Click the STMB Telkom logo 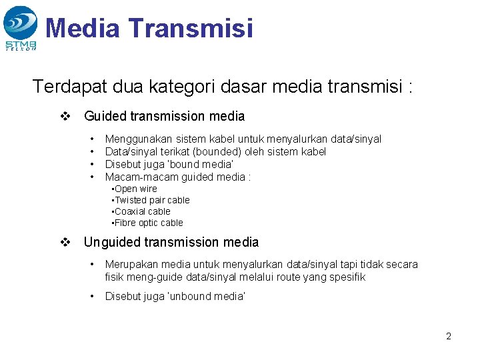(x=20, y=27)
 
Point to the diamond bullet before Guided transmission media (x=65, y=117)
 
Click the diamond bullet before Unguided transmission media (x=65, y=243)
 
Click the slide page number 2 (x=448, y=336)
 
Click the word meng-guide (x=150, y=277)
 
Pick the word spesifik (x=345, y=277)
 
